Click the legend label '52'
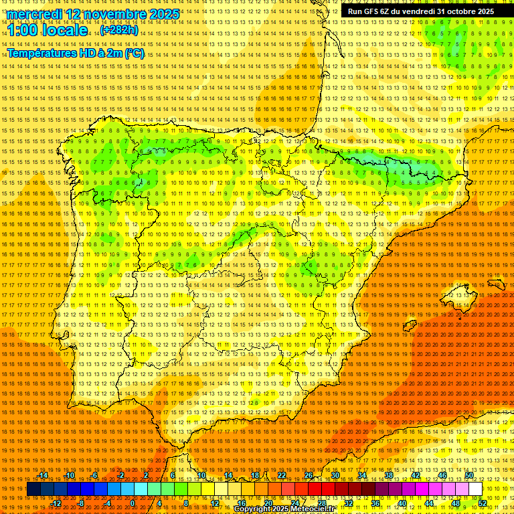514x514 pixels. click(x=483, y=503)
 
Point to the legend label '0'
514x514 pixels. click(x=133, y=503)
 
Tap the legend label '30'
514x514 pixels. click(x=335, y=475)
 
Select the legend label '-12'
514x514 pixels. click(x=56, y=503)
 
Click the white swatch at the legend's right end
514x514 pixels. click(x=475, y=489)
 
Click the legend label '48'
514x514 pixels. click(x=456, y=503)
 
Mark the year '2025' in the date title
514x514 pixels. click(x=165, y=14)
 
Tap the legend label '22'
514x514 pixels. click(x=281, y=475)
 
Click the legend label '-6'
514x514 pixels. click(x=95, y=475)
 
